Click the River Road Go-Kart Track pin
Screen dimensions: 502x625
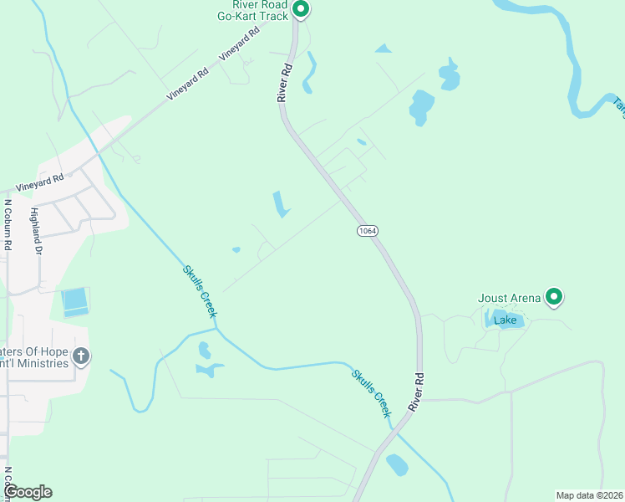tap(301, 10)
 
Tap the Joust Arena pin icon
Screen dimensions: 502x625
tap(553, 296)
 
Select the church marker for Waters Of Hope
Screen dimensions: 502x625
tap(80, 356)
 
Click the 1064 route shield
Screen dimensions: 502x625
tap(365, 231)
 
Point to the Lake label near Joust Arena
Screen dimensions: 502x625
tap(506, 320)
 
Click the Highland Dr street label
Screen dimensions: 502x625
tap(35, 231)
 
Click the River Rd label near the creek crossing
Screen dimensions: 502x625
tap(416, 392)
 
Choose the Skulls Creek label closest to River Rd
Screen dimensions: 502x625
tap(372, 393)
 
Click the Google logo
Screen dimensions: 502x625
tap(28, 492)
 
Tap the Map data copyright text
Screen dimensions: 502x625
tap(589, 495)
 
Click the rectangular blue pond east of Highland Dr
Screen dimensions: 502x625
tap(74, 301)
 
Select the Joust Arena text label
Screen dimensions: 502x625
tap(510, 297)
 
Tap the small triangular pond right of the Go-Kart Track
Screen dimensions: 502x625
tap(384, 49)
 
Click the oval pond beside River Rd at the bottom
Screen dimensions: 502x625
tap(397, 464)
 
